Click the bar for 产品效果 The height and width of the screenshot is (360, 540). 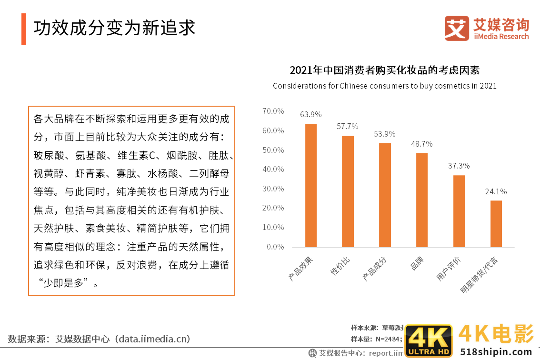point(311,185)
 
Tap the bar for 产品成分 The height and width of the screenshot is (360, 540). point(385,195)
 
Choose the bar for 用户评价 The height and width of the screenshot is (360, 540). point(459,211)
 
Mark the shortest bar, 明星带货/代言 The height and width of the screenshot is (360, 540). point(496,223)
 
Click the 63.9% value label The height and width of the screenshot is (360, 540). point(311,114)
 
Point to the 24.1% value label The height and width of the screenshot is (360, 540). point(496,191)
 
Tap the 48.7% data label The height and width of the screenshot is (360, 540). point(422,143)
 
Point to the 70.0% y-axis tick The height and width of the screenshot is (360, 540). point(273,111)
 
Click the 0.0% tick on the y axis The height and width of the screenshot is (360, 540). point(275,247)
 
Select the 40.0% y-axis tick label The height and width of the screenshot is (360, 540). point(273,169)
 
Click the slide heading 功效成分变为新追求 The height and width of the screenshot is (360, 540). point(115,27)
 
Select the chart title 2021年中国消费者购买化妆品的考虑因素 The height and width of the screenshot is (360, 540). point(385,70)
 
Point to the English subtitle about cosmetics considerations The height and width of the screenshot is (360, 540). point(385,86)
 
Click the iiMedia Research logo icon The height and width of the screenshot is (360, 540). point(457,28)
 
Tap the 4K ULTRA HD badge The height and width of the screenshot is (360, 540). point(429,341)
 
